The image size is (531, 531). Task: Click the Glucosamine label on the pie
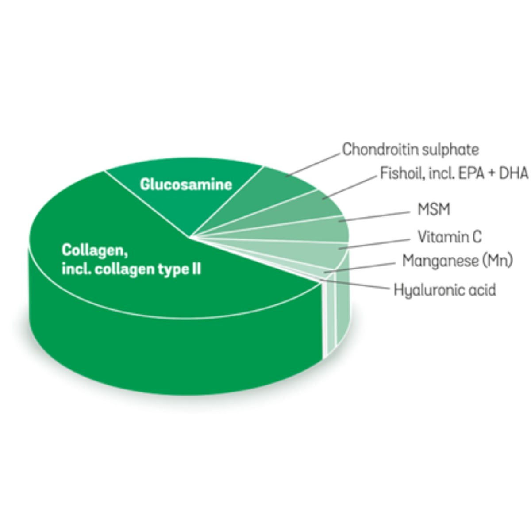tap(186, 185)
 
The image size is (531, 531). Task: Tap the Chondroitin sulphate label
tap(411, 150)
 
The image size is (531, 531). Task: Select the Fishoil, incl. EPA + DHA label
tap(454, 173)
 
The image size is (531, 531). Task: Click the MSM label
tap(434, 209)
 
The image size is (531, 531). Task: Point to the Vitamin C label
tap(450, 237)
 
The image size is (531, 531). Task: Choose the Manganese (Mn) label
tap(458, 261)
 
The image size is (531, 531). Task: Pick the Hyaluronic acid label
tap(445, 289)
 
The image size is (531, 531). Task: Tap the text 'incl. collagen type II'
tap(131, 269)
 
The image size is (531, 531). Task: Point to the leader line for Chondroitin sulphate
tap(313, 165)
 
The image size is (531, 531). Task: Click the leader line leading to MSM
tap(374, 216)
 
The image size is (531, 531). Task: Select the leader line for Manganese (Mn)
tap(360, 268)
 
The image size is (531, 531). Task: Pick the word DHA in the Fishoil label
tap(514, 173)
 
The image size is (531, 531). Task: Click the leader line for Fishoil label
tap(350, 187)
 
